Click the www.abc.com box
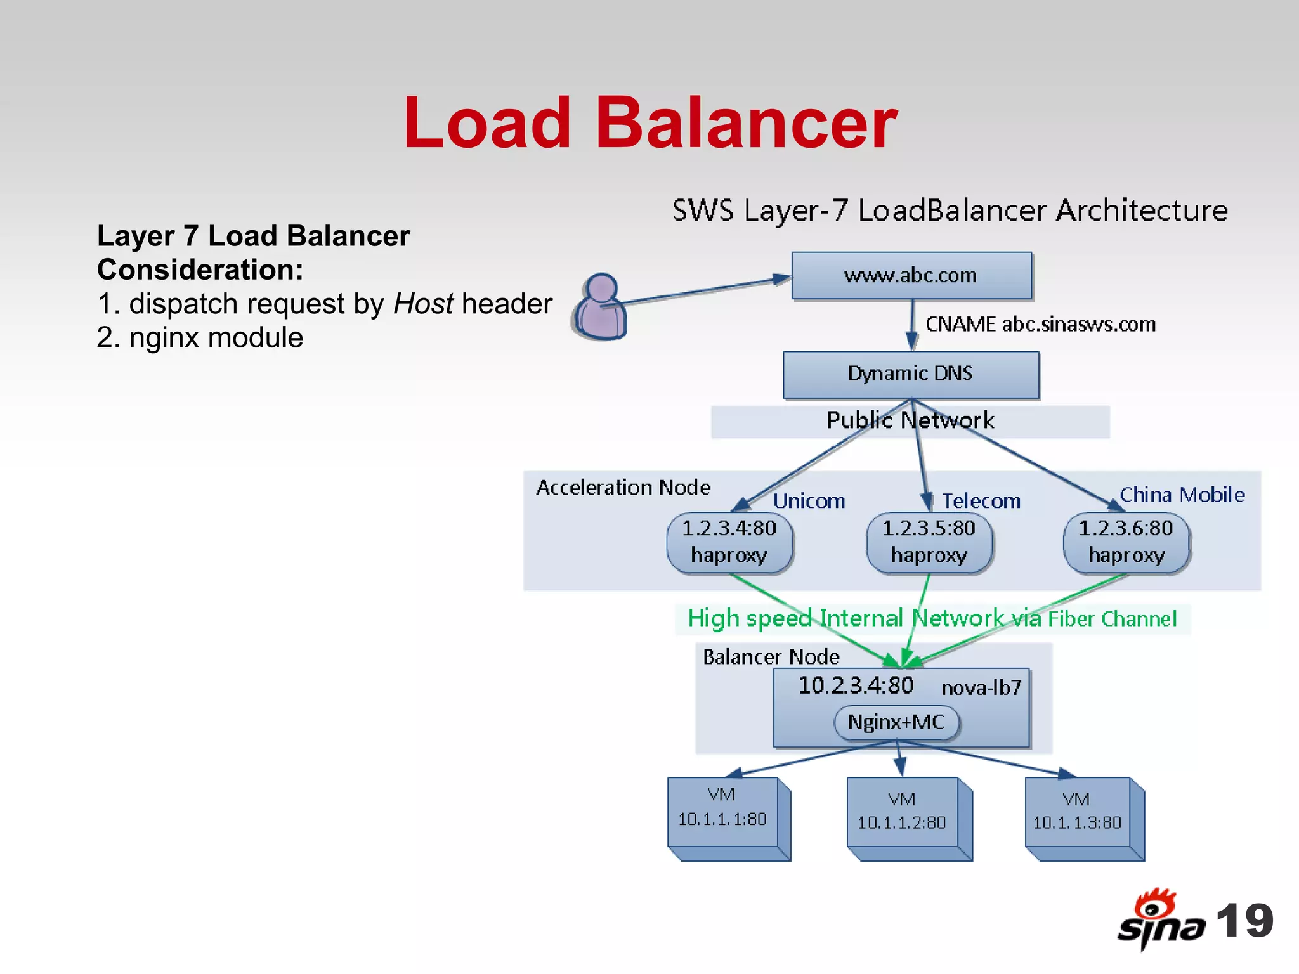point(911,276)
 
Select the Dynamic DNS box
point(911,374)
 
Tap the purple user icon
point(600,307)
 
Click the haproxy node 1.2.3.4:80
point(729,543)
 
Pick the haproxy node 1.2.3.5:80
point(929,543)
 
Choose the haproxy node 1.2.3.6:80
point(1126,543)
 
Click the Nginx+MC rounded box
point(896,722)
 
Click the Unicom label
point(809,501)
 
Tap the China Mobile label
point(1182,495)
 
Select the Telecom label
point(981,501)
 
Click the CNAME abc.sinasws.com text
point(1040,325)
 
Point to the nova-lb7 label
point(981,687)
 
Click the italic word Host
point(423,304)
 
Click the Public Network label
point(910,420)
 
